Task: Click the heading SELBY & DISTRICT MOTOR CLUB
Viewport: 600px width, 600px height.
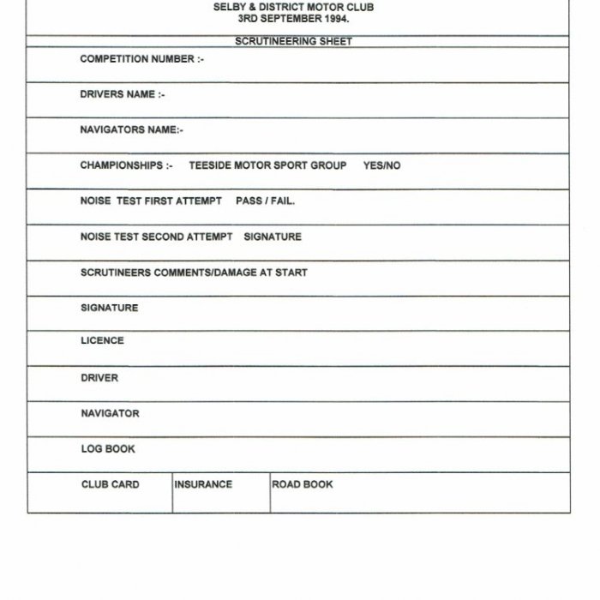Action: pyautogui.click(x=293, y=7)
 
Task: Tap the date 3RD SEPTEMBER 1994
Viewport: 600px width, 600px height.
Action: pyautogui.click(x=293, y=17)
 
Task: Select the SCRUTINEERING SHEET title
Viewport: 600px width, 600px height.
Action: pyautogui.click(x=293, y=41)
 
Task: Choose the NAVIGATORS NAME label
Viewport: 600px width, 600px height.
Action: pyautogui.click(x=131, y=130)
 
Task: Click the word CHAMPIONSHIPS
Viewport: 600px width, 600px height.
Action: pyautogui.click(x=121, y=165)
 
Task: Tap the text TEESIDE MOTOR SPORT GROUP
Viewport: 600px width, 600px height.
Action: pyautogui.click(x=267, y=165)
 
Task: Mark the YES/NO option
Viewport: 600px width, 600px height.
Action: pyautogui.click(x=381, y=165)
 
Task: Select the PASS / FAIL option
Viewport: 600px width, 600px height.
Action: pyautogui.click(x=265, y=201)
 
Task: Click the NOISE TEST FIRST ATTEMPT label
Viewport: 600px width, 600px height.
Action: pyautogui.click(x=151, y=201)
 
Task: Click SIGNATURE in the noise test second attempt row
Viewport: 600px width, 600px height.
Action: pyautogui.click(x=273, y=237)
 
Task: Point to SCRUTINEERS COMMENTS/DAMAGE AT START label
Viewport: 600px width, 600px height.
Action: pyautogui.click(x=194, y=273)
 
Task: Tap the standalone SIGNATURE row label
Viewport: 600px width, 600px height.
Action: pyautogui.click(x=109, y=308)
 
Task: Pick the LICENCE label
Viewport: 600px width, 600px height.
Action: pyautogui.click(x=102, y=340)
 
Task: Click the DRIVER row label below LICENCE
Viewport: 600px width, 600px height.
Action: pyautogui.click(x=99, y=378)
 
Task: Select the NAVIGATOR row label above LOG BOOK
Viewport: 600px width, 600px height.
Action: pyautogui.click(x=110, y=413)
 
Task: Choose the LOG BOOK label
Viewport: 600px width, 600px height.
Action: pyautogui.click(x=108, y=448)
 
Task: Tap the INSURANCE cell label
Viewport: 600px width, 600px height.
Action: pyautogui.click(x=203, y=484)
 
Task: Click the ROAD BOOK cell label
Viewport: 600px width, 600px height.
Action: pyautogui.click(x=303, y=484)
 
